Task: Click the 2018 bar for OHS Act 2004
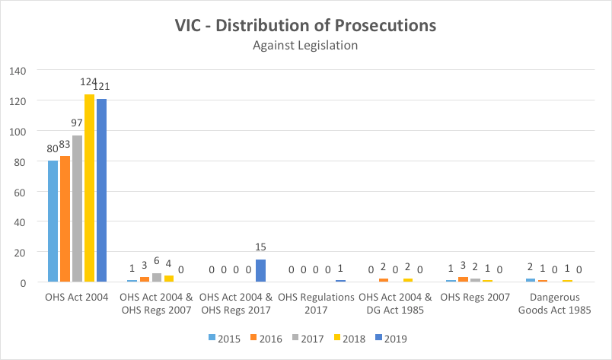89,188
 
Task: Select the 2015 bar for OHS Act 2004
53,221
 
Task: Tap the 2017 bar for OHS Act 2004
77,209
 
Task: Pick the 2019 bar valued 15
261,271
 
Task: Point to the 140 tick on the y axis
17,71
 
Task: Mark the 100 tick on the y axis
17,131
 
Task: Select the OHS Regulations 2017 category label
315,304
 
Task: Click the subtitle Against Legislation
304,45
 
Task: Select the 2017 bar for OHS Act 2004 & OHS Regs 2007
157,278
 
